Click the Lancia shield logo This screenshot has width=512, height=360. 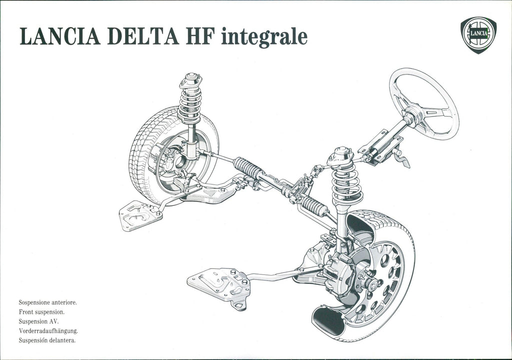[478, 35]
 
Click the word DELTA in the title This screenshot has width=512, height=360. [142, 36]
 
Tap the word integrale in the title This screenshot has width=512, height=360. [264, 37]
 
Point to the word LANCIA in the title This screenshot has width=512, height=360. [60, 36]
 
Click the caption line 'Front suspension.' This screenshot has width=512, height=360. [41, 312]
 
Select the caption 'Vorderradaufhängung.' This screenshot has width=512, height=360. [48, 331]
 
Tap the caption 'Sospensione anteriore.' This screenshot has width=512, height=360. [47, 302]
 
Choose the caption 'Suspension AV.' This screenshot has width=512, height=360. [38, 321]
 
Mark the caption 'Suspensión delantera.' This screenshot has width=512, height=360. [47, 340]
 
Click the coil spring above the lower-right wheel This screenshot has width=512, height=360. [347, 183]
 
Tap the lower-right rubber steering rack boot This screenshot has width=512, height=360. [314, 206]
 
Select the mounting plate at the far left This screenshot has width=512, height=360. [140, 215]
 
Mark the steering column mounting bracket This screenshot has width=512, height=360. [380, 146]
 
